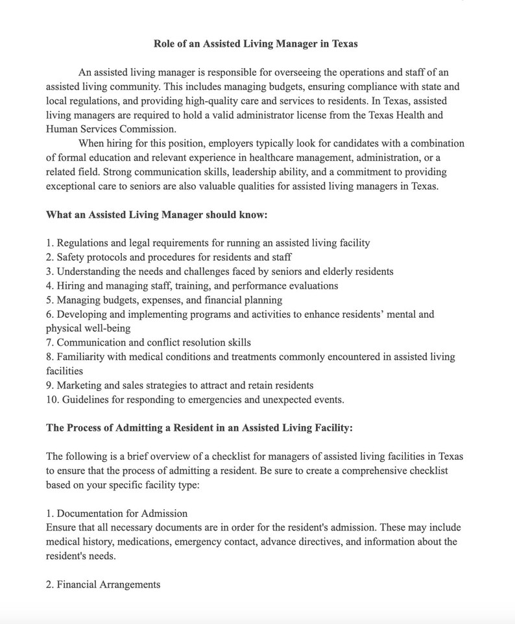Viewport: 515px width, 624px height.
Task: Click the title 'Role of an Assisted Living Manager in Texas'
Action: pyautogui.click(x=256, y=44)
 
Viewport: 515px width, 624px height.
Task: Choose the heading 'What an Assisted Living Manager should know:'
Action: pyautogui.click(x=157, y=215)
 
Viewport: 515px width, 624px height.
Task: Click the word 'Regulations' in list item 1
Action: pyautogui.click(x=84, y=243)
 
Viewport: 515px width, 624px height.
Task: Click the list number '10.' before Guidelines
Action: pyautogui.click(x=53, y=400)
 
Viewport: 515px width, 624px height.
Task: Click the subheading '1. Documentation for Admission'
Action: pyautogui.click(x=117, y=513)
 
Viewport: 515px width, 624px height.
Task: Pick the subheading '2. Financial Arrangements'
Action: pyautogui.click(x=103, y=584)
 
